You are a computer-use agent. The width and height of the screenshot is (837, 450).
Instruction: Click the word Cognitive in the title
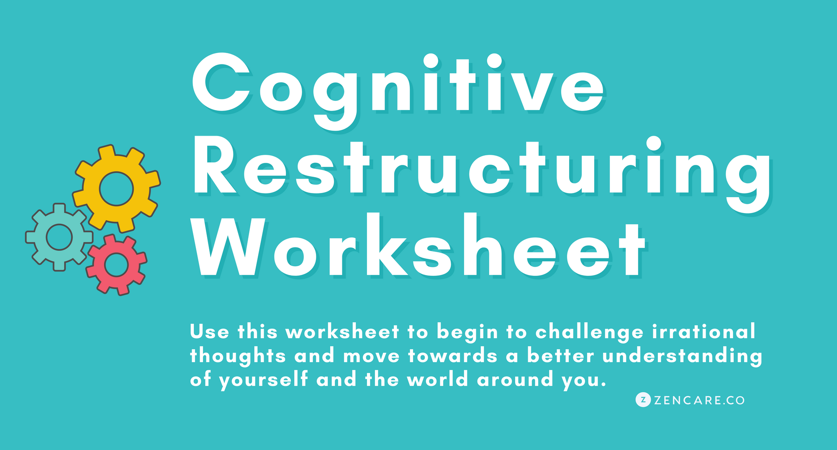point(398,90)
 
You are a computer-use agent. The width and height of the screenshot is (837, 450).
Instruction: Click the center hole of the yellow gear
point(116,189)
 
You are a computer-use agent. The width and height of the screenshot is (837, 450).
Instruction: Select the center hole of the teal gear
point(59,237)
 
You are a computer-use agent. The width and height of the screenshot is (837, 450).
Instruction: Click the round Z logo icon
point(643,400)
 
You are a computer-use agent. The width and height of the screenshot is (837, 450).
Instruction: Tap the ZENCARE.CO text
point(699,401)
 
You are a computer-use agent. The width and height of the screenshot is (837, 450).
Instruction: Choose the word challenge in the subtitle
point(590,333)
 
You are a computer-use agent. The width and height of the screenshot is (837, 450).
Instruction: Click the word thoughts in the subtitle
point(238,357)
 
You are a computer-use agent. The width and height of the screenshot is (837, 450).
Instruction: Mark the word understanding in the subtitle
point(683,357)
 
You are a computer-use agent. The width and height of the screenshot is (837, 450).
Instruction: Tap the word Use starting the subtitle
point(210,332)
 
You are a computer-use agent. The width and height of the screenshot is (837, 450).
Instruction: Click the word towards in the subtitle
point(453,356)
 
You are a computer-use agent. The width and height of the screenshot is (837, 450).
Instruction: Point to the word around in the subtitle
point(515,380)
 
